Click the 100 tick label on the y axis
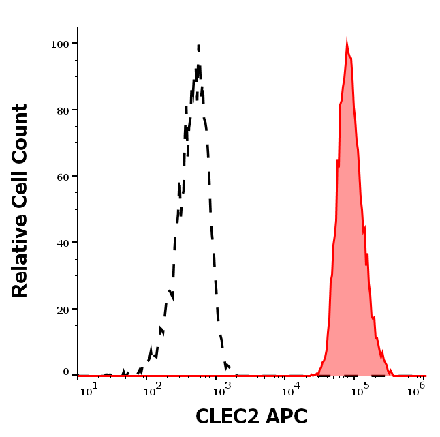60,44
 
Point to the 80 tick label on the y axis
63,110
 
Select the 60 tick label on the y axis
63,176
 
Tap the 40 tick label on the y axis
63,242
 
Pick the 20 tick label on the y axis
63,309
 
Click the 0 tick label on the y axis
66,372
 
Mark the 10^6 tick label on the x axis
418,387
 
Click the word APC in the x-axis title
288,417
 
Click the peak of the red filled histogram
347,43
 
